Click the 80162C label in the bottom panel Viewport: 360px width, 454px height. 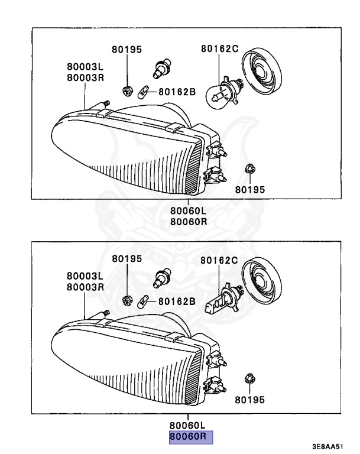click(219, 260)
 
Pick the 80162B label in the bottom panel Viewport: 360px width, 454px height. click(176, 301)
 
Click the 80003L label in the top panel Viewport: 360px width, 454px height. click(85, 67)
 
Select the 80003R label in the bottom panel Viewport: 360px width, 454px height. click(85, 287)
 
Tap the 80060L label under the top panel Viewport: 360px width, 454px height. click(189, 211)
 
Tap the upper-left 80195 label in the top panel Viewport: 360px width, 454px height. click(127, 50)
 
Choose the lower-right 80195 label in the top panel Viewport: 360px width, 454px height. click(250, 190)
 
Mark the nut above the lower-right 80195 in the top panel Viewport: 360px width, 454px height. click(249, 170)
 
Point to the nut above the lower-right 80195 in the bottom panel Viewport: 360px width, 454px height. click(249, 380)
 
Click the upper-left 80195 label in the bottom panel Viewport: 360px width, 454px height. click(127, 259)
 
